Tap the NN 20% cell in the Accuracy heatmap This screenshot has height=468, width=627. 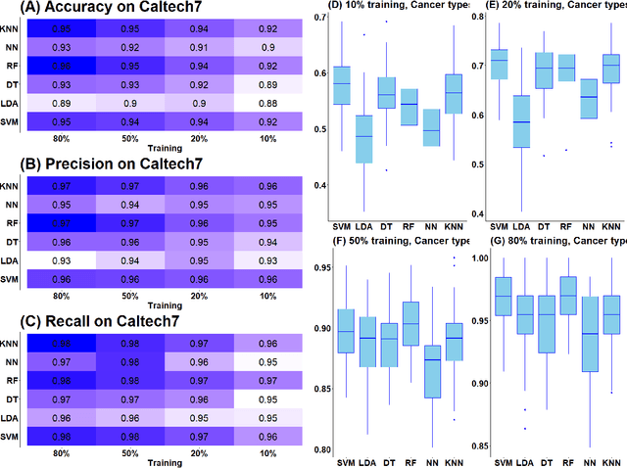coord(198,47)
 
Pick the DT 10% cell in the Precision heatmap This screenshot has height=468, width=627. coord(266,241)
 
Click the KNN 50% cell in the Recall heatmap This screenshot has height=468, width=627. coord(129,343)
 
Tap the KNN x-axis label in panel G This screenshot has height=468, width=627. coord(611,461)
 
